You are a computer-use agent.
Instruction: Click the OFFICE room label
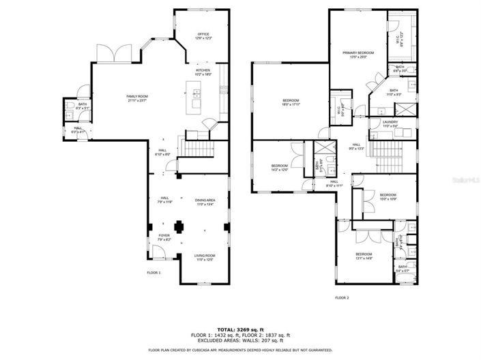click(x=203, y=36)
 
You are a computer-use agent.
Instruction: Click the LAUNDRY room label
click(x=390, y=123)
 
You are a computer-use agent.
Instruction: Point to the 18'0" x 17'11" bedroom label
click(x=291, y=102)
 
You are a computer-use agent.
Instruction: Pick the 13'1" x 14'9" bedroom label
click(x=364, y=256)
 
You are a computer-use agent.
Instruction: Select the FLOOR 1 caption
click(x=154, y=273)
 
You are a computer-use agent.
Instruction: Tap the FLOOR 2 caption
click(x=341, y=298)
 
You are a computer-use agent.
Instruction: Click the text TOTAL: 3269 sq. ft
click(x=239, y=329)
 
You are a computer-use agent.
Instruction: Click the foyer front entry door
click(x=156, y=254)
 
